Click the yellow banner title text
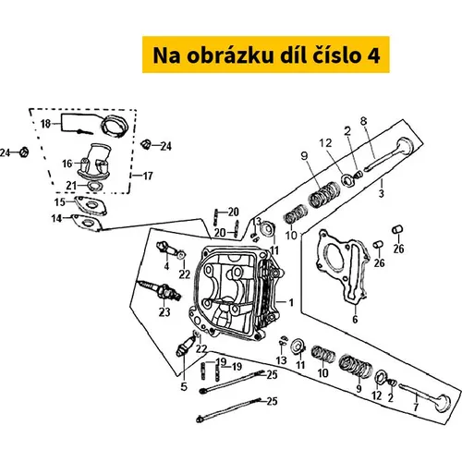click(x=266, y=55)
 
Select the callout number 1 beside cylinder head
click(x=291, y=302)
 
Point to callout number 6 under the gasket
click(x=355, y=320)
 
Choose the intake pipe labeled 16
click(x=94, y=161)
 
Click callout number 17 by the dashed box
click(x=148, y=176)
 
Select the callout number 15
click(x=60, y=202)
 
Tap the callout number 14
click(x=56, y=218)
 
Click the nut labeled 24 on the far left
click(x=24, y=152)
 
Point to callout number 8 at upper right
click(x=364, y=121)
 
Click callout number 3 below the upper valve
click(x=382, y=193)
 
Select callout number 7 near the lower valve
click(x=416, y=407)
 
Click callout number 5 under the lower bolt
click(x=184, y=386)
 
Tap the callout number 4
click(x=166, y=265)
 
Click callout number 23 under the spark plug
click(x=164, y=312)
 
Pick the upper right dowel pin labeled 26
click(x=397, y=229)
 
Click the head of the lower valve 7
click(x=444, y=402)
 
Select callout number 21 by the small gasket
click(x=71, y=186)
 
